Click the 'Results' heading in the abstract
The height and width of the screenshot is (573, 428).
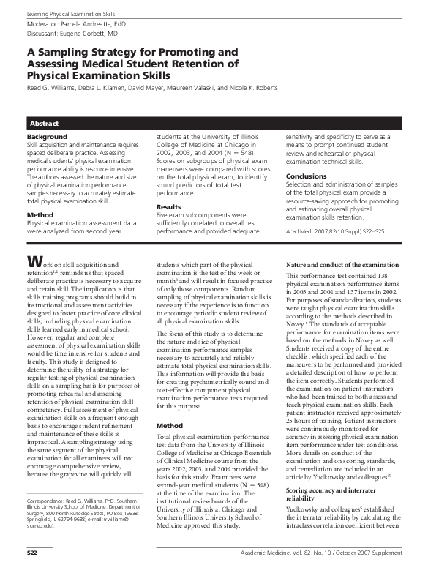click(x=169, y=207)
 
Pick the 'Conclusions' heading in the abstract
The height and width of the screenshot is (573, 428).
click(x=306, y=176)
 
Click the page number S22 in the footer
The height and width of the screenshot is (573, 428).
click(x=33, y=562)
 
